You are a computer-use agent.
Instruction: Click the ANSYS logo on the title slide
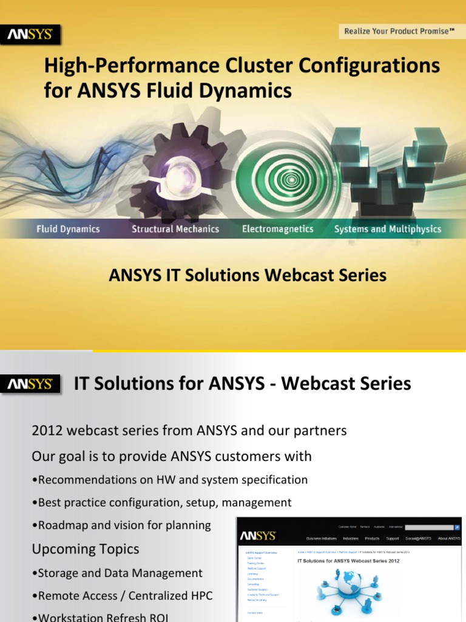click(30, 35)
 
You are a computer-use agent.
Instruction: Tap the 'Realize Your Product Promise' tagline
click(399, 31)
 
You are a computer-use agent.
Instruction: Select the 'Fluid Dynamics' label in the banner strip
click(68, 230)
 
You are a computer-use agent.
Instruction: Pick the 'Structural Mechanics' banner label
click(175, 230)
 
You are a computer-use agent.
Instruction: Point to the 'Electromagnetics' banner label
click(277, 230)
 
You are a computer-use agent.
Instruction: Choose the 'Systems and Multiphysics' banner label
click(388, 230)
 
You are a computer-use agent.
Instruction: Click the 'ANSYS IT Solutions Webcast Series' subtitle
click(248, 276)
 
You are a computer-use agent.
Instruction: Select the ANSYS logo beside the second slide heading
click(30, 384)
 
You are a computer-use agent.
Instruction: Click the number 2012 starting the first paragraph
click(47, 431)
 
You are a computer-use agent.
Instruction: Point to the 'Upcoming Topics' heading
click(85, 549)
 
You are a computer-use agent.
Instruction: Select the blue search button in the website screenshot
click(458, 528)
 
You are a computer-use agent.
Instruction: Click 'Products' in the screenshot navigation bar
click(372, 538)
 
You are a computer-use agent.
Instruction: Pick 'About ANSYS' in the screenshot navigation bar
click(449, 538)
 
